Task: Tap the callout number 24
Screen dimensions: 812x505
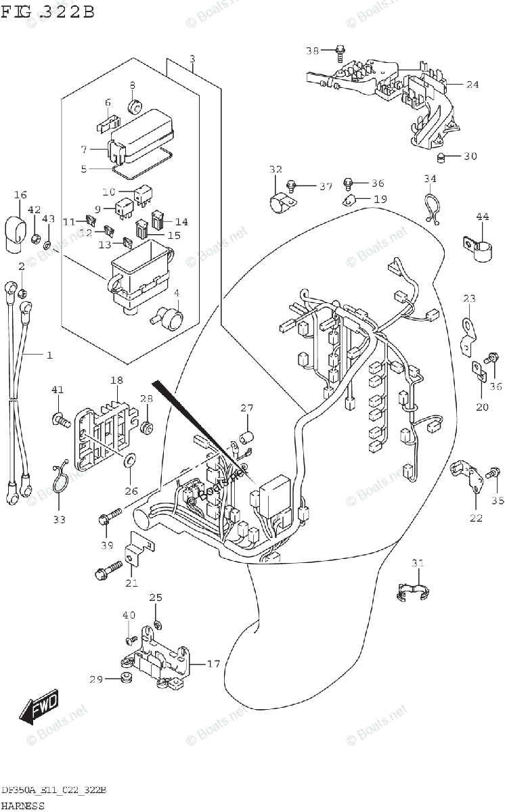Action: (x=472, y=85)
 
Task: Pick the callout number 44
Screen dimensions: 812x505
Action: (x=482, y=217)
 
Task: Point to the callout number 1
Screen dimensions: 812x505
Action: (x=49, y=355)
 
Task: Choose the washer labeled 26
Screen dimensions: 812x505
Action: (x=127, y=461)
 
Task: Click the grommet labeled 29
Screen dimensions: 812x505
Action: (x=125, y=679)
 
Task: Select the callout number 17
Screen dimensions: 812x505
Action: (x=213, y=664)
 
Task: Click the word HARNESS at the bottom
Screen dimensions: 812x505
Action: (x=23, y=805)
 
